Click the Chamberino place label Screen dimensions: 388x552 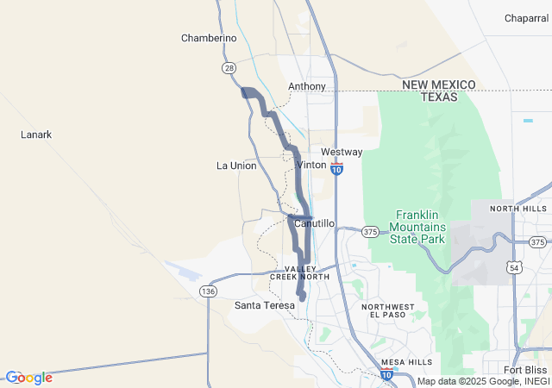(209, 38)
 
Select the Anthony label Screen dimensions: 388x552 (307, 87)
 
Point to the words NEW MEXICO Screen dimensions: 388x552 (439, 84)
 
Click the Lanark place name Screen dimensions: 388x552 (36, 135)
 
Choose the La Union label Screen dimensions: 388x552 (236, 166)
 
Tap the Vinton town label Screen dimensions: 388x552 (311, 165)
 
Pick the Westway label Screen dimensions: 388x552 (342, 152)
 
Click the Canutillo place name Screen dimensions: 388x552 (314, 223)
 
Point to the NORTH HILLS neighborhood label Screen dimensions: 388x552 (518, 209)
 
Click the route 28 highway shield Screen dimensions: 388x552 (229, 67)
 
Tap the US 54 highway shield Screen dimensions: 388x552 (514, 269)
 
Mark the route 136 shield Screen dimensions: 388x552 (208, 291)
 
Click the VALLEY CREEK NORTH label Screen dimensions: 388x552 (300, 273)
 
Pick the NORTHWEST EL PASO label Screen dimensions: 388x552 (388, 310)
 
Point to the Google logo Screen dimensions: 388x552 (28, 378)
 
